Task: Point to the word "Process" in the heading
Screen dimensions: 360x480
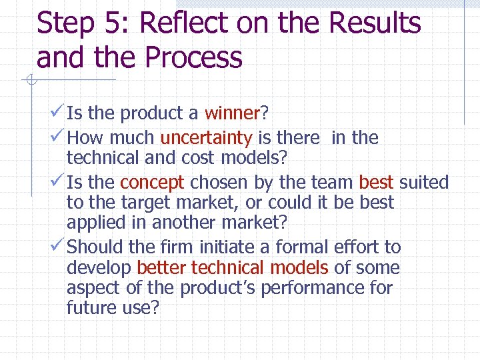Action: tap(193, 58)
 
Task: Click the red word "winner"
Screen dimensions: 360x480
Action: tap(231, 114)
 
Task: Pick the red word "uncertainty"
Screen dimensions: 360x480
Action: tap(206, 138)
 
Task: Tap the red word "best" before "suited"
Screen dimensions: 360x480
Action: tap(376, 182)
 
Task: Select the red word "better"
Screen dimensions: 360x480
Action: tap(161, 268)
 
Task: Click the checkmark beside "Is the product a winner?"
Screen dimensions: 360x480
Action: tap(57, 113)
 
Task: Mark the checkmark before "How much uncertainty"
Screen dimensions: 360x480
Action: tap(57, 137)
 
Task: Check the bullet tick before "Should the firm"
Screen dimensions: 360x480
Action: tap(57, 247)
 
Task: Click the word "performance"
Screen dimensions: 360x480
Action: tap(326, 289)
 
